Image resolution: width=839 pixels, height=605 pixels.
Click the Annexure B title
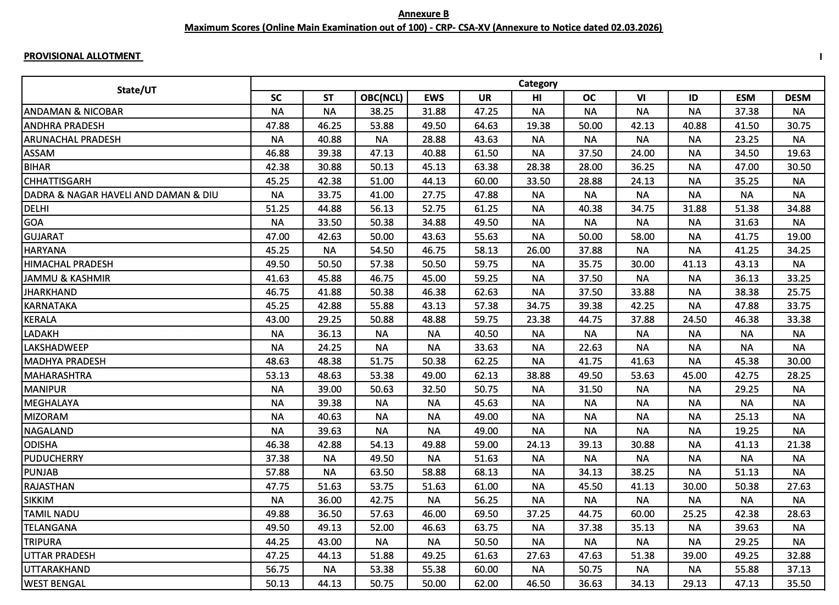point(423,14)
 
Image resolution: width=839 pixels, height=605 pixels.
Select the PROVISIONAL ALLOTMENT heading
point(82,56)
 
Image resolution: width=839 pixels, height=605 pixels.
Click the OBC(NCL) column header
point(382,98)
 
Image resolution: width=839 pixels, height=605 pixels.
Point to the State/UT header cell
point(136,90)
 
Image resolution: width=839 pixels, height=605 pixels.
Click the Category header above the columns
point(538,83)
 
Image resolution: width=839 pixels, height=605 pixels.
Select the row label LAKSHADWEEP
point(56,348)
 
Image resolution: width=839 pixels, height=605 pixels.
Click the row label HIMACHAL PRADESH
point(69,264)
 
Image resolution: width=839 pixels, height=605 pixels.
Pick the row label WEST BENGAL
point(55,584)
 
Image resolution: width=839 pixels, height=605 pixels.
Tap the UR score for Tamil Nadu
point(486,514)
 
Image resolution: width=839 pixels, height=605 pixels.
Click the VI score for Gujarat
point(642,237)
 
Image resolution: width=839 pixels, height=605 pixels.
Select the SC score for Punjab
point(277,472)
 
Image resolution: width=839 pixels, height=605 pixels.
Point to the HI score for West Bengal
point(538,584)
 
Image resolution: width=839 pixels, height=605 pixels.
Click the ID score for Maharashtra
point(694,376)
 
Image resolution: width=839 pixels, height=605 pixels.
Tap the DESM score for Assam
point(798,153)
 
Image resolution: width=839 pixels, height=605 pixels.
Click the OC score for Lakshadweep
point(590,348)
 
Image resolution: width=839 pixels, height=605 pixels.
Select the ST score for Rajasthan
point(329,486)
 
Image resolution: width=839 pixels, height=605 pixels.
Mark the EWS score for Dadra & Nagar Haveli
point(434,195)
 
